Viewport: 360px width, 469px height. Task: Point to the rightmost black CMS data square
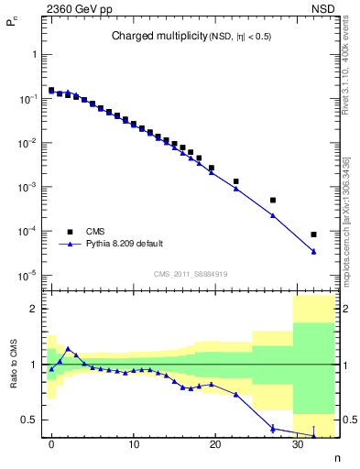(x=314, y=234)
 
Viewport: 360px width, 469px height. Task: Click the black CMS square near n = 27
(x=273, y=200)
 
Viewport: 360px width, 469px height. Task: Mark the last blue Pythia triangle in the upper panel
(x=314, y=252)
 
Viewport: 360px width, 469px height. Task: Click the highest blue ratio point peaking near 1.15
(x=68, y=348)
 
